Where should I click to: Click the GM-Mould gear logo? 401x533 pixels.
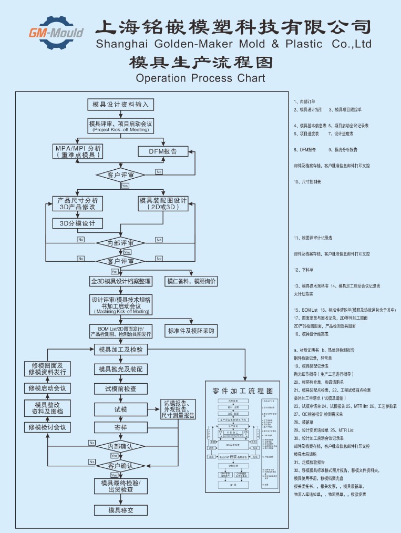(x=55, y=33)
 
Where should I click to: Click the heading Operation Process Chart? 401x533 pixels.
(x=200, y=78)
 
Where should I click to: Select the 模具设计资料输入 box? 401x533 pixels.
(x=120, y=104)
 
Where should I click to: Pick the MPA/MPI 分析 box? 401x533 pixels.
(x=78, y=151)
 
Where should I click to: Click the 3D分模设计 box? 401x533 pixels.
(x=77, y=223)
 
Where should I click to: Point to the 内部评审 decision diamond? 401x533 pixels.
(x=120, y=243)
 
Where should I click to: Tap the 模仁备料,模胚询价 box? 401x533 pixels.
(x=191, y=281)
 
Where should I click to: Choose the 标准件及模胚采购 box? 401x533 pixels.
(x=191, y=331)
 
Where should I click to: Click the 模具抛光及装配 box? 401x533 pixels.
(x=120, y=369)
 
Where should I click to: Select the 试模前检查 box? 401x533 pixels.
(x=120, y=389)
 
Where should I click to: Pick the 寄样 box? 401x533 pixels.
(x=120, y=427)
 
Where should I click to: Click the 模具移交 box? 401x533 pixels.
(x=120, y=510)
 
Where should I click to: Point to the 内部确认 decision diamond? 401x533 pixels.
(x=120, y=446)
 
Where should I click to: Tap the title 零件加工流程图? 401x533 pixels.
(x=242, y=391)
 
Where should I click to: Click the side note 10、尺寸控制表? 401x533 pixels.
(x=307, y=182)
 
